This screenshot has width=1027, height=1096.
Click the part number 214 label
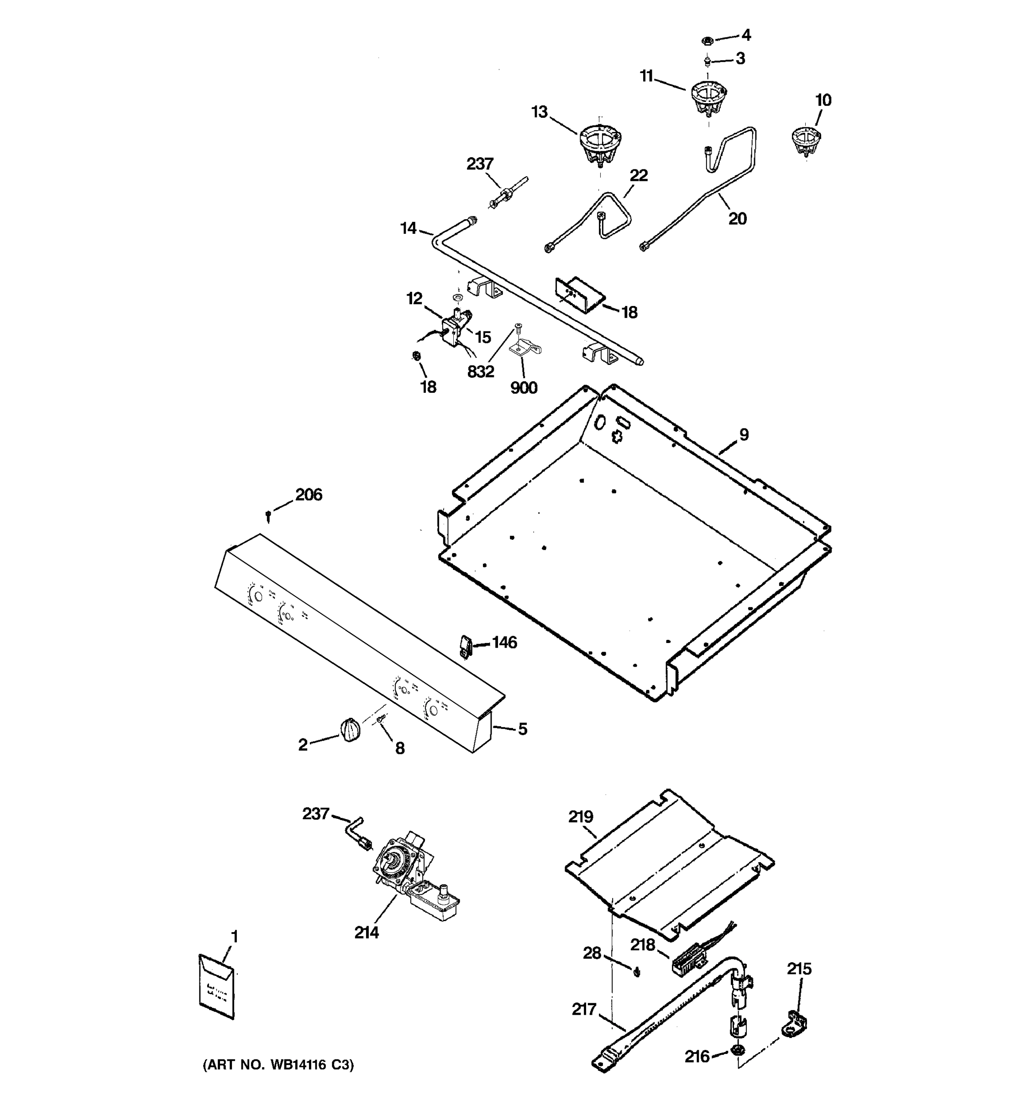(367, 932)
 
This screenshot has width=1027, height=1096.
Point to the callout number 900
(524, 388)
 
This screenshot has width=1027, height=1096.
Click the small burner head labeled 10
(806, 141)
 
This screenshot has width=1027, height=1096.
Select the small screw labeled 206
(268, 516)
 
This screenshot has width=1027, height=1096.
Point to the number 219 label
(581, 817)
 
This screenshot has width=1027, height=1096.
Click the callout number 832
(481, 372)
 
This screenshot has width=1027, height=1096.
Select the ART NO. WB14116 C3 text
(278, 1064)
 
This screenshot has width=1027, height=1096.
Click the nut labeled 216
(736, 1049)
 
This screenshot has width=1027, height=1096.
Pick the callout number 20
(737, 218)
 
